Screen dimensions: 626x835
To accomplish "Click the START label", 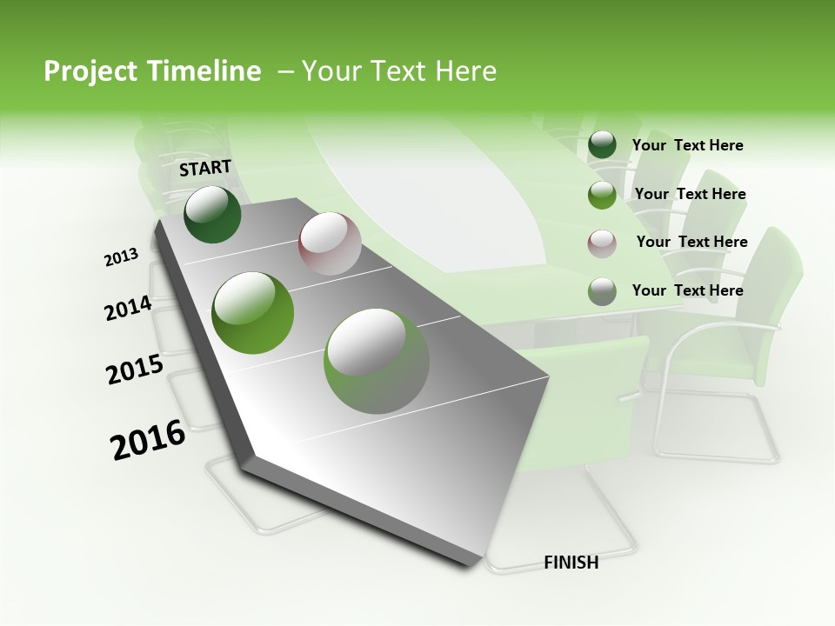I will pyautogui.click(x=205, y=167).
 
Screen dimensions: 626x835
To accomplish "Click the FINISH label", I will pyautogui.click(x=571, y=563).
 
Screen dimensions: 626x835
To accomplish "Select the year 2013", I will pyautogui.click(x=122, y=256).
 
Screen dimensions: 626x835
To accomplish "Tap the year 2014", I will pyautogui.click(x=129, y=309).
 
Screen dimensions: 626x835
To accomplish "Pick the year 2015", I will pyautogui.click(x=135, y=370).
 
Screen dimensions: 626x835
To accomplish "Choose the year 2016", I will pyautogui.click(x=148, y=439).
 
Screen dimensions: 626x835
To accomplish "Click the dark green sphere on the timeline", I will pyautogui.click(x=212, y=215).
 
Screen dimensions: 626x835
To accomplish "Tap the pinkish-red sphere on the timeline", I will pyautogui.click(x=330, y=243).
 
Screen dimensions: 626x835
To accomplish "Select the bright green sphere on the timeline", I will pyautogui.click(x=253, y=313).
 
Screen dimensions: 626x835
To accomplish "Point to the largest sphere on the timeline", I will pyautogui.click(x=377, y=361).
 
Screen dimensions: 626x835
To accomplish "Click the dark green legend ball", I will pyautogui.click(x=602, y=145).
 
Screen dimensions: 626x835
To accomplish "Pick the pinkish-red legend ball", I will pyautogui.click(x=602, y=243).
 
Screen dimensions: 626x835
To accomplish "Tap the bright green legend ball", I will pyautogui.click(x=602, y=194).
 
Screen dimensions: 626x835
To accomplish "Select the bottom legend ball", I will pyautogui.click(x=602, y=291).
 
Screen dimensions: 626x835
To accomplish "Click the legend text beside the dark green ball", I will pyautogui.click(x=687, y=145).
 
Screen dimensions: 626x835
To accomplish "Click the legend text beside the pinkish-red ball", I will pyautogui.click(x=691, y=242).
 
